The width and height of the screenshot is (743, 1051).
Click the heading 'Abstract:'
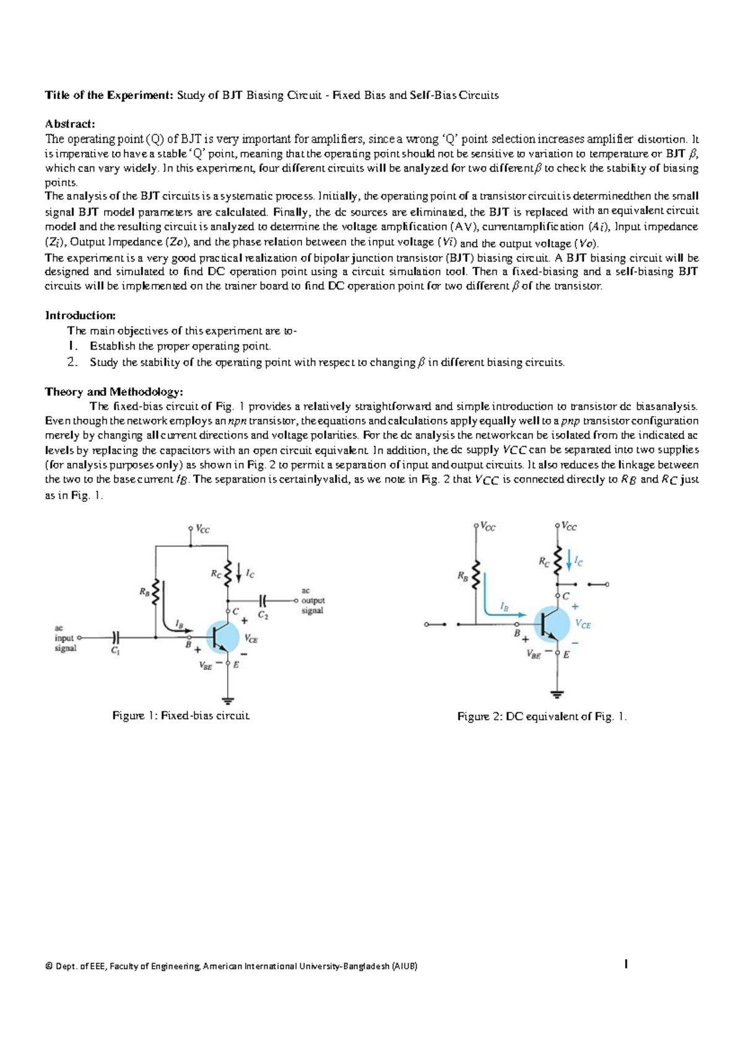(70, 124)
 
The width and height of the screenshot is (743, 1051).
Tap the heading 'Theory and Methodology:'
(114, 392)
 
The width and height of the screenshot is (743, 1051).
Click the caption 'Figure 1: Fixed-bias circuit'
(181, 716)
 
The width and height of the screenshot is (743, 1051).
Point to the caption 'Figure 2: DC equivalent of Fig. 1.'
(542, 717)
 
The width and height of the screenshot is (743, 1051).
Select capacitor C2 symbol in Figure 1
(263, 600)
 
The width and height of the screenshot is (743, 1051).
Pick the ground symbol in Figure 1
(228, 701)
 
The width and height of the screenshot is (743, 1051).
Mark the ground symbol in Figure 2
(558, 693)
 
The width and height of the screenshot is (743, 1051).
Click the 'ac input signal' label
(64, 638)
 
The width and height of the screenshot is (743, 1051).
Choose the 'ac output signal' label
(312, 600)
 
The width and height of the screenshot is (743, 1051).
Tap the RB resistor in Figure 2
(476, 576)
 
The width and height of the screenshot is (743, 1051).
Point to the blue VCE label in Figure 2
(583, 625)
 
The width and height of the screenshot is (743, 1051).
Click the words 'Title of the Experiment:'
(110, 95)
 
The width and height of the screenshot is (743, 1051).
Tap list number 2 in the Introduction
(72, 363)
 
